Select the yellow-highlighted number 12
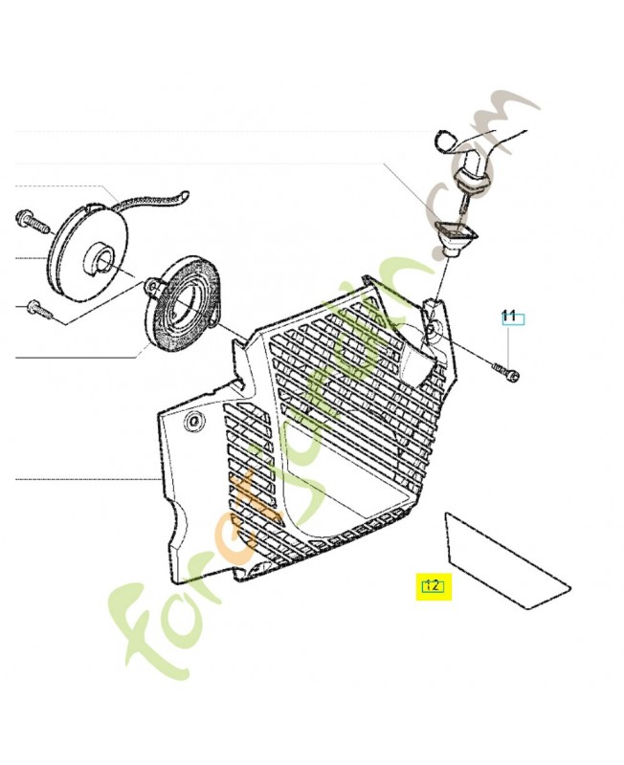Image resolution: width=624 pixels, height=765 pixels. pyautogui.click(x=432, y=586)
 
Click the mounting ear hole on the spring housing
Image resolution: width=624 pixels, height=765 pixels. pyautogui.click(x=153, y=285)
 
